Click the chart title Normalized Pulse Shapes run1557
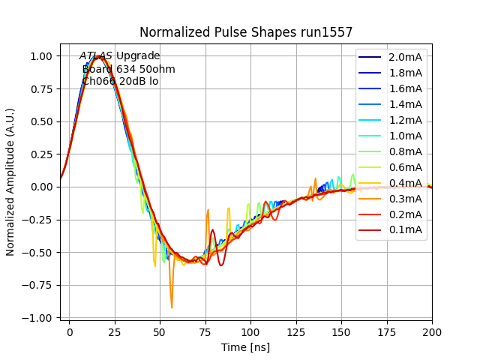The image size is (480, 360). [x=246, y=32]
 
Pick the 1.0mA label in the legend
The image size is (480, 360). [x=405, y=136]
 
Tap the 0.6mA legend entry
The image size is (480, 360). [x=405, y=167]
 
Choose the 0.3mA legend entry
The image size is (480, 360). [x=405, y=199]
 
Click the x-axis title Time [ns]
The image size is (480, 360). [x=245, y=347]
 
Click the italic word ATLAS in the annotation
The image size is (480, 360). [x=96, y=56]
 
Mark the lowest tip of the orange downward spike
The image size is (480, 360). [x=172, y=307]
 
